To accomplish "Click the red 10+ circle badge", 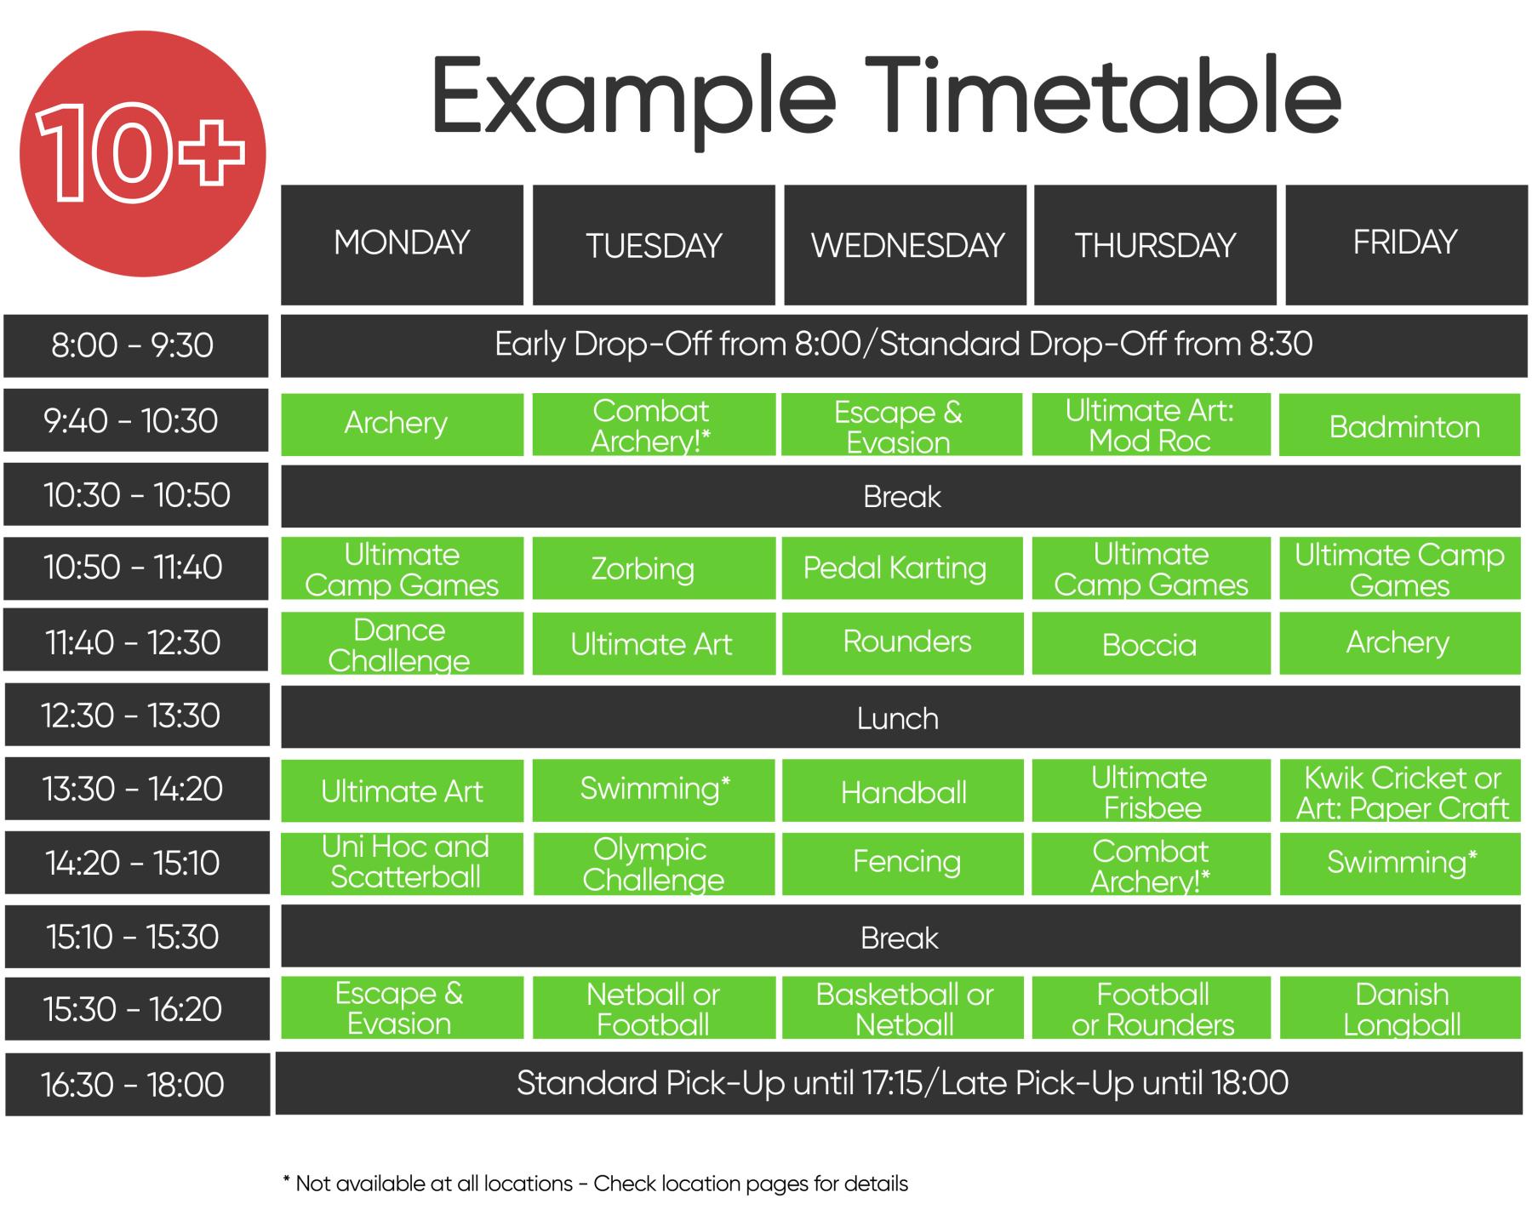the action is tap(143, 153).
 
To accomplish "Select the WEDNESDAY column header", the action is tap(905, 245).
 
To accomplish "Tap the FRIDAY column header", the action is tap(1406, 245).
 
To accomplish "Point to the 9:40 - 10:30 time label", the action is tap(136, 420).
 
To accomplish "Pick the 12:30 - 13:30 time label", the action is tap(136, 716).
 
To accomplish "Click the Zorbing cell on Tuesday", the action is tap(654, 568).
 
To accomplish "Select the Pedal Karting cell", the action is tap(902, 568).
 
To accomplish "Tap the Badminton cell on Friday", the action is tap(1400, 425).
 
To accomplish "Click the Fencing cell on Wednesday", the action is tap(902, 864).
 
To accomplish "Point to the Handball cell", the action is tap(902, 790).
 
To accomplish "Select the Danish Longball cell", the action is tap(1400, 1008).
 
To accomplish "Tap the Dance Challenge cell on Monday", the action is tap(402, 643).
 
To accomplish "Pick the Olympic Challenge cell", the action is tap(654, 864).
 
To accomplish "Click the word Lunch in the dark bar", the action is tap(898, 719).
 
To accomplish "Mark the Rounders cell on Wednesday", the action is tap(902, 643).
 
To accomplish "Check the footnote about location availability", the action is tap(595, 1184).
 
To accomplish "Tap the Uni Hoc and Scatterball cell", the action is tap(402, 864).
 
